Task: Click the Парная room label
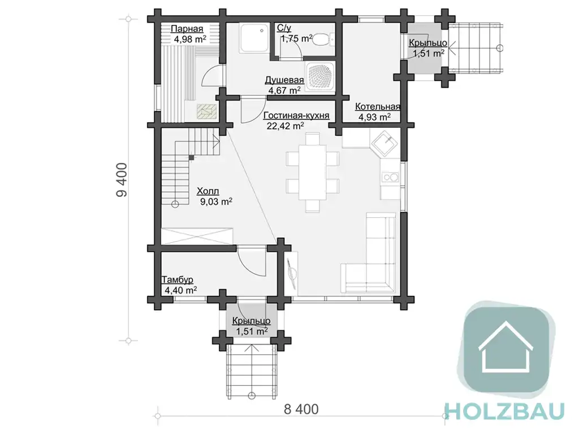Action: pos(187,29)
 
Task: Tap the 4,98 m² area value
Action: pos(190,39)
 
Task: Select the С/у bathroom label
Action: pos(284,28)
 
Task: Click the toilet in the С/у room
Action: pos(323,38)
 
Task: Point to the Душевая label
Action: pos(284,80)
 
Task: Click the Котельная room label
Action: pos(377,107)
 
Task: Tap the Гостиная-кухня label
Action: pos(296,115)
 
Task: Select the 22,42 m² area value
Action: pos(286,126)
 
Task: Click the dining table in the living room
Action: pos(312,172)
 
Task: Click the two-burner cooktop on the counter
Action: pos(390,178)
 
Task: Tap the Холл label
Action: pos(208,191)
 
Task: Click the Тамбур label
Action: pos(177,280)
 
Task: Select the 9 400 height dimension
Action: pos(122,180)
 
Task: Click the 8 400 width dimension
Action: pos(301,410)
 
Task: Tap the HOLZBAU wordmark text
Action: pos(504,411)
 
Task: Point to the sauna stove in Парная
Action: pos(207,111)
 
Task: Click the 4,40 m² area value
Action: pos(180,290)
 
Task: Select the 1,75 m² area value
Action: pos(296,38)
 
